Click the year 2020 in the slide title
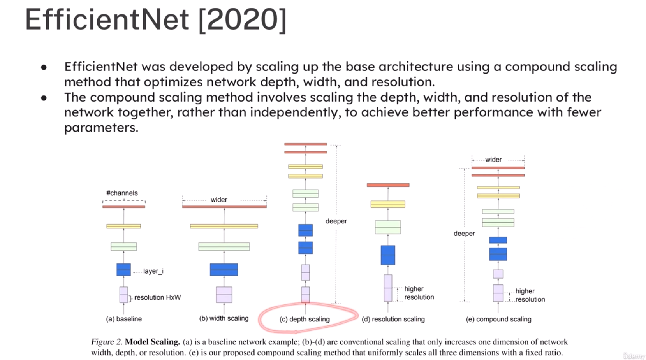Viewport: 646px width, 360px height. tap(243, 19)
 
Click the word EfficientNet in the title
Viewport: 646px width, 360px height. tap(107, 19)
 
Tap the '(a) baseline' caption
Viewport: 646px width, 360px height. tap(124, 319)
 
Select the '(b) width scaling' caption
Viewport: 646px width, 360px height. tap(224, 318)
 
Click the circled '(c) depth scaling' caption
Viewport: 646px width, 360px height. tap(305, 319)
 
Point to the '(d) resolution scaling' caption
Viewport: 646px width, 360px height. tap(393, 319)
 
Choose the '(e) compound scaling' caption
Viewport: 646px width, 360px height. tap(499, 319)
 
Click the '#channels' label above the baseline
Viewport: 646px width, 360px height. tap(122, 193)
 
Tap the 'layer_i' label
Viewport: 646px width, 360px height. tap(153, 271)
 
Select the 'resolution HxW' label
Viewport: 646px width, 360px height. tap(157, 297)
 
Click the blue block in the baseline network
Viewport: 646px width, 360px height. tap(123, 269)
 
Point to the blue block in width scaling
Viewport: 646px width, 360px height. tap(224, 269)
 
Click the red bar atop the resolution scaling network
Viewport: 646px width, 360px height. tap(388, 185)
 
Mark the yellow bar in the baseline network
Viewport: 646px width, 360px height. tap(123, 226)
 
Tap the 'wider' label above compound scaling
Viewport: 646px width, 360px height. tap(493, 160)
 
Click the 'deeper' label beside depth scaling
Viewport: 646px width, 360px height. tap(336, 221)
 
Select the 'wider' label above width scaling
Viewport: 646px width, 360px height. tap(219, 199)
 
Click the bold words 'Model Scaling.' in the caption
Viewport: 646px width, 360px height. tap(153, 342)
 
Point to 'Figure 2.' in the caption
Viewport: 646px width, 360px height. tap(107, 342)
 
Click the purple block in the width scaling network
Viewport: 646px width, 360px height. tap(224, 295)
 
